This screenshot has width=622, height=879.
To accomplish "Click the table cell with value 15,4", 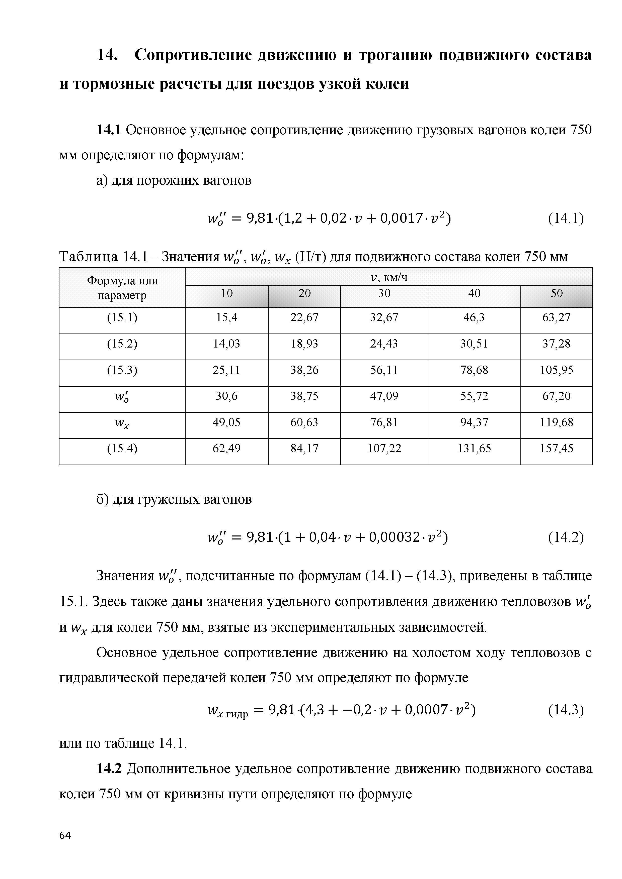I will click(227, 317).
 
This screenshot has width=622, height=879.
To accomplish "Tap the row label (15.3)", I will click(122, 370).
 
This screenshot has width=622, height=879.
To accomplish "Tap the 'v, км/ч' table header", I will click(388, 277).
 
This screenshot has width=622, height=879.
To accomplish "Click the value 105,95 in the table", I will click(557, 370).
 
